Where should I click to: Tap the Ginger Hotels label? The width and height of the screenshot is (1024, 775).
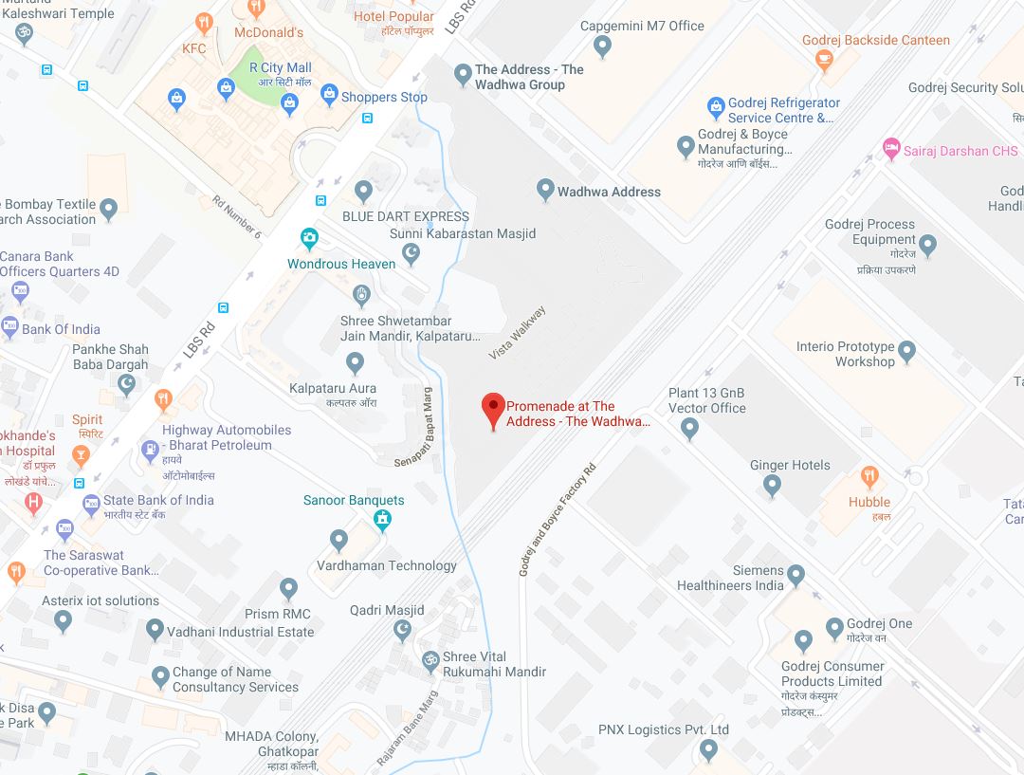point(790,465)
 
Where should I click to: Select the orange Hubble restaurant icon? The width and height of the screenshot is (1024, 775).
point(869,476)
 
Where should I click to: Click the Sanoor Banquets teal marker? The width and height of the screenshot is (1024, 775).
point(382,519)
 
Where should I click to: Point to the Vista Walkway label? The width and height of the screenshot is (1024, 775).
point(518,332)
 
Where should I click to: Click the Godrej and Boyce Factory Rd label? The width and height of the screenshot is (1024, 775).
point(558,520)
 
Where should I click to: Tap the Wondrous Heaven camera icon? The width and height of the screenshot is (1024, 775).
point(309,238)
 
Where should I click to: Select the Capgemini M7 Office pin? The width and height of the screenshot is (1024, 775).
point(602,45)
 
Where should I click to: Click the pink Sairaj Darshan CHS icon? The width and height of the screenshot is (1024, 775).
point(890,149)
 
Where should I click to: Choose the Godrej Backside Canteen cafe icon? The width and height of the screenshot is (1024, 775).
point(824,59)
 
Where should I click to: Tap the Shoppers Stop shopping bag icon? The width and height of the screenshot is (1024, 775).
point(328,94)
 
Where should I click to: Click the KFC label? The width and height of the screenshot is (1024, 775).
point(193,48)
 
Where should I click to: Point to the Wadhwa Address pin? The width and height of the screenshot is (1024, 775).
point(545,190)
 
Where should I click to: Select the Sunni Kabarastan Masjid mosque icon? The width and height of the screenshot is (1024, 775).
point(411,252)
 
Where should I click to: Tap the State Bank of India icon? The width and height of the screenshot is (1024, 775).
point(91,503)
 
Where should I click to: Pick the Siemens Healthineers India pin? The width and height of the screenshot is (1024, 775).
point(796,575)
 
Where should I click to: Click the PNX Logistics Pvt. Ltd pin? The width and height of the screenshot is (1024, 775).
point(707,750)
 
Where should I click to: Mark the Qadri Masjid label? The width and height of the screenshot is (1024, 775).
point(387,610)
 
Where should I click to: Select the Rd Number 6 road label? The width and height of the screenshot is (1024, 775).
point(237,216)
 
